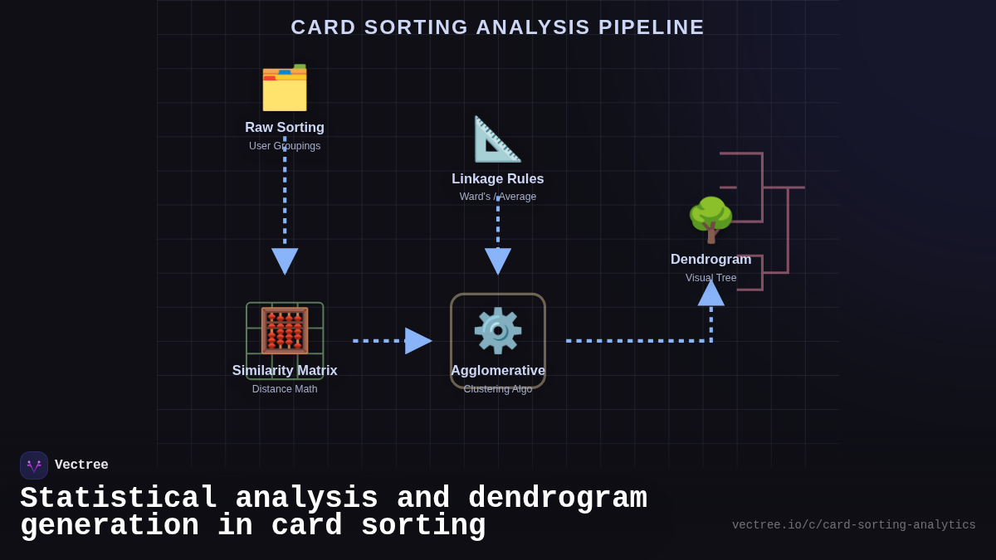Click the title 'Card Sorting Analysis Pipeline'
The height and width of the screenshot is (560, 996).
(x=497, y=27)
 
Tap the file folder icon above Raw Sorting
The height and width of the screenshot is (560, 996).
(x=285, y=88)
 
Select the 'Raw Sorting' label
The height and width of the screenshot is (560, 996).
(x=285, y=128)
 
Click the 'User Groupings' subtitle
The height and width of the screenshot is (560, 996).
(x=285, y=146)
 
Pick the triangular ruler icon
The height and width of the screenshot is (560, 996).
(x=497, y=139)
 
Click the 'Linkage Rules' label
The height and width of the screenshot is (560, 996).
(x=498, y=179)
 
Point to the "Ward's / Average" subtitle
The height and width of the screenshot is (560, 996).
(x=498, y=197)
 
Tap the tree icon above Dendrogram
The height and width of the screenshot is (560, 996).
(x=710, y=220)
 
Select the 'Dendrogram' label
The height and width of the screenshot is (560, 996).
(x=710, y=260)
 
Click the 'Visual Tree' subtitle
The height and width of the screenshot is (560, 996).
(x=710, y=278)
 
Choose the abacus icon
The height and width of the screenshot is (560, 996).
(x=285, y=330)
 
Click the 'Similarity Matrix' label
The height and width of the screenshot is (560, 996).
(x=285, y=371)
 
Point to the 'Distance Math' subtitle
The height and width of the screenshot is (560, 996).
(x=285, y=389)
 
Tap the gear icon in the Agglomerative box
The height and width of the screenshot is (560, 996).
(x=498, y=330)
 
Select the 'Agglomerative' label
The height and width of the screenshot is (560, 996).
(x=498, y=371)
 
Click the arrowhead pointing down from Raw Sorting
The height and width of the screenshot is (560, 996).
(x=285, y=260)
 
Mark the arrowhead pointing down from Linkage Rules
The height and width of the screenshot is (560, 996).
(x=498, y=260)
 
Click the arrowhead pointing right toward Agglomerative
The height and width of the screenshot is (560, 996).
(x=417, y=341)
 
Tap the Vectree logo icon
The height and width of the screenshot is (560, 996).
(x=34, y=465)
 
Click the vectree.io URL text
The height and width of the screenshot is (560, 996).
(x=853, y=525)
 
